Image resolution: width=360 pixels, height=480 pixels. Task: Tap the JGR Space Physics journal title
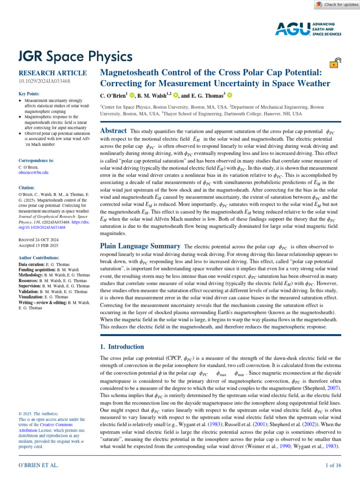[x=75, y=57]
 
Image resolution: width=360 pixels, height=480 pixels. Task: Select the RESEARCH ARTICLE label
[x=52, y=73]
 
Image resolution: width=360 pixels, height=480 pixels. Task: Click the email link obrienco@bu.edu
[x=33, y=172]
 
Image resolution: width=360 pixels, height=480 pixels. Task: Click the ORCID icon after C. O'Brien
[x=132, y=96]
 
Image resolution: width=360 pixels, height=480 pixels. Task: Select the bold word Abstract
[x=113, y=131]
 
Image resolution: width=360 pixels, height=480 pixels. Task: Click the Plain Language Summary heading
[x=141, y=246]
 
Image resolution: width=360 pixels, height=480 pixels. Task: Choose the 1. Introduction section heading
[x=122, y=347]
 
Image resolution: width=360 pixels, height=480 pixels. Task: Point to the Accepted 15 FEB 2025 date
[x=38, y=245]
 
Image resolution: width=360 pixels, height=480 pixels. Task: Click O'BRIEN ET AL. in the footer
[x=38, y=465]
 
